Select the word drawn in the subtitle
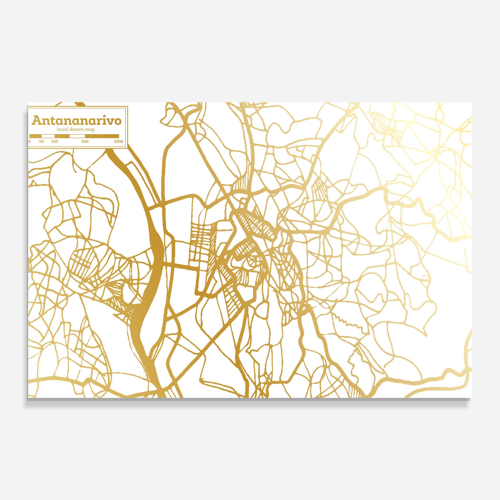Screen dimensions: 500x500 pos(75,129)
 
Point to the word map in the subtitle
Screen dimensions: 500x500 pos(89,129)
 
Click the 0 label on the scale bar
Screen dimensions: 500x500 pos(30,142)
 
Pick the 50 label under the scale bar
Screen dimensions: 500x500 pos(41,142)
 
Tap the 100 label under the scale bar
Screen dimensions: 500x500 pos(54,142)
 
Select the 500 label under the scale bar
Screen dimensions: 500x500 pos(85,142)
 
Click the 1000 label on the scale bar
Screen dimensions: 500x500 pos(119,142)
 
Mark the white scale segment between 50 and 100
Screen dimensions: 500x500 pos(48,136)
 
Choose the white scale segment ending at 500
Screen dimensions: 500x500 pos(77,136)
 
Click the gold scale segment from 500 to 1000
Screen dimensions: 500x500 pos(102,136)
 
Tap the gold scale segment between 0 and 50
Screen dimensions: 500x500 pos(36,136)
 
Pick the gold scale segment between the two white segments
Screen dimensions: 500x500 pos(62,136)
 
